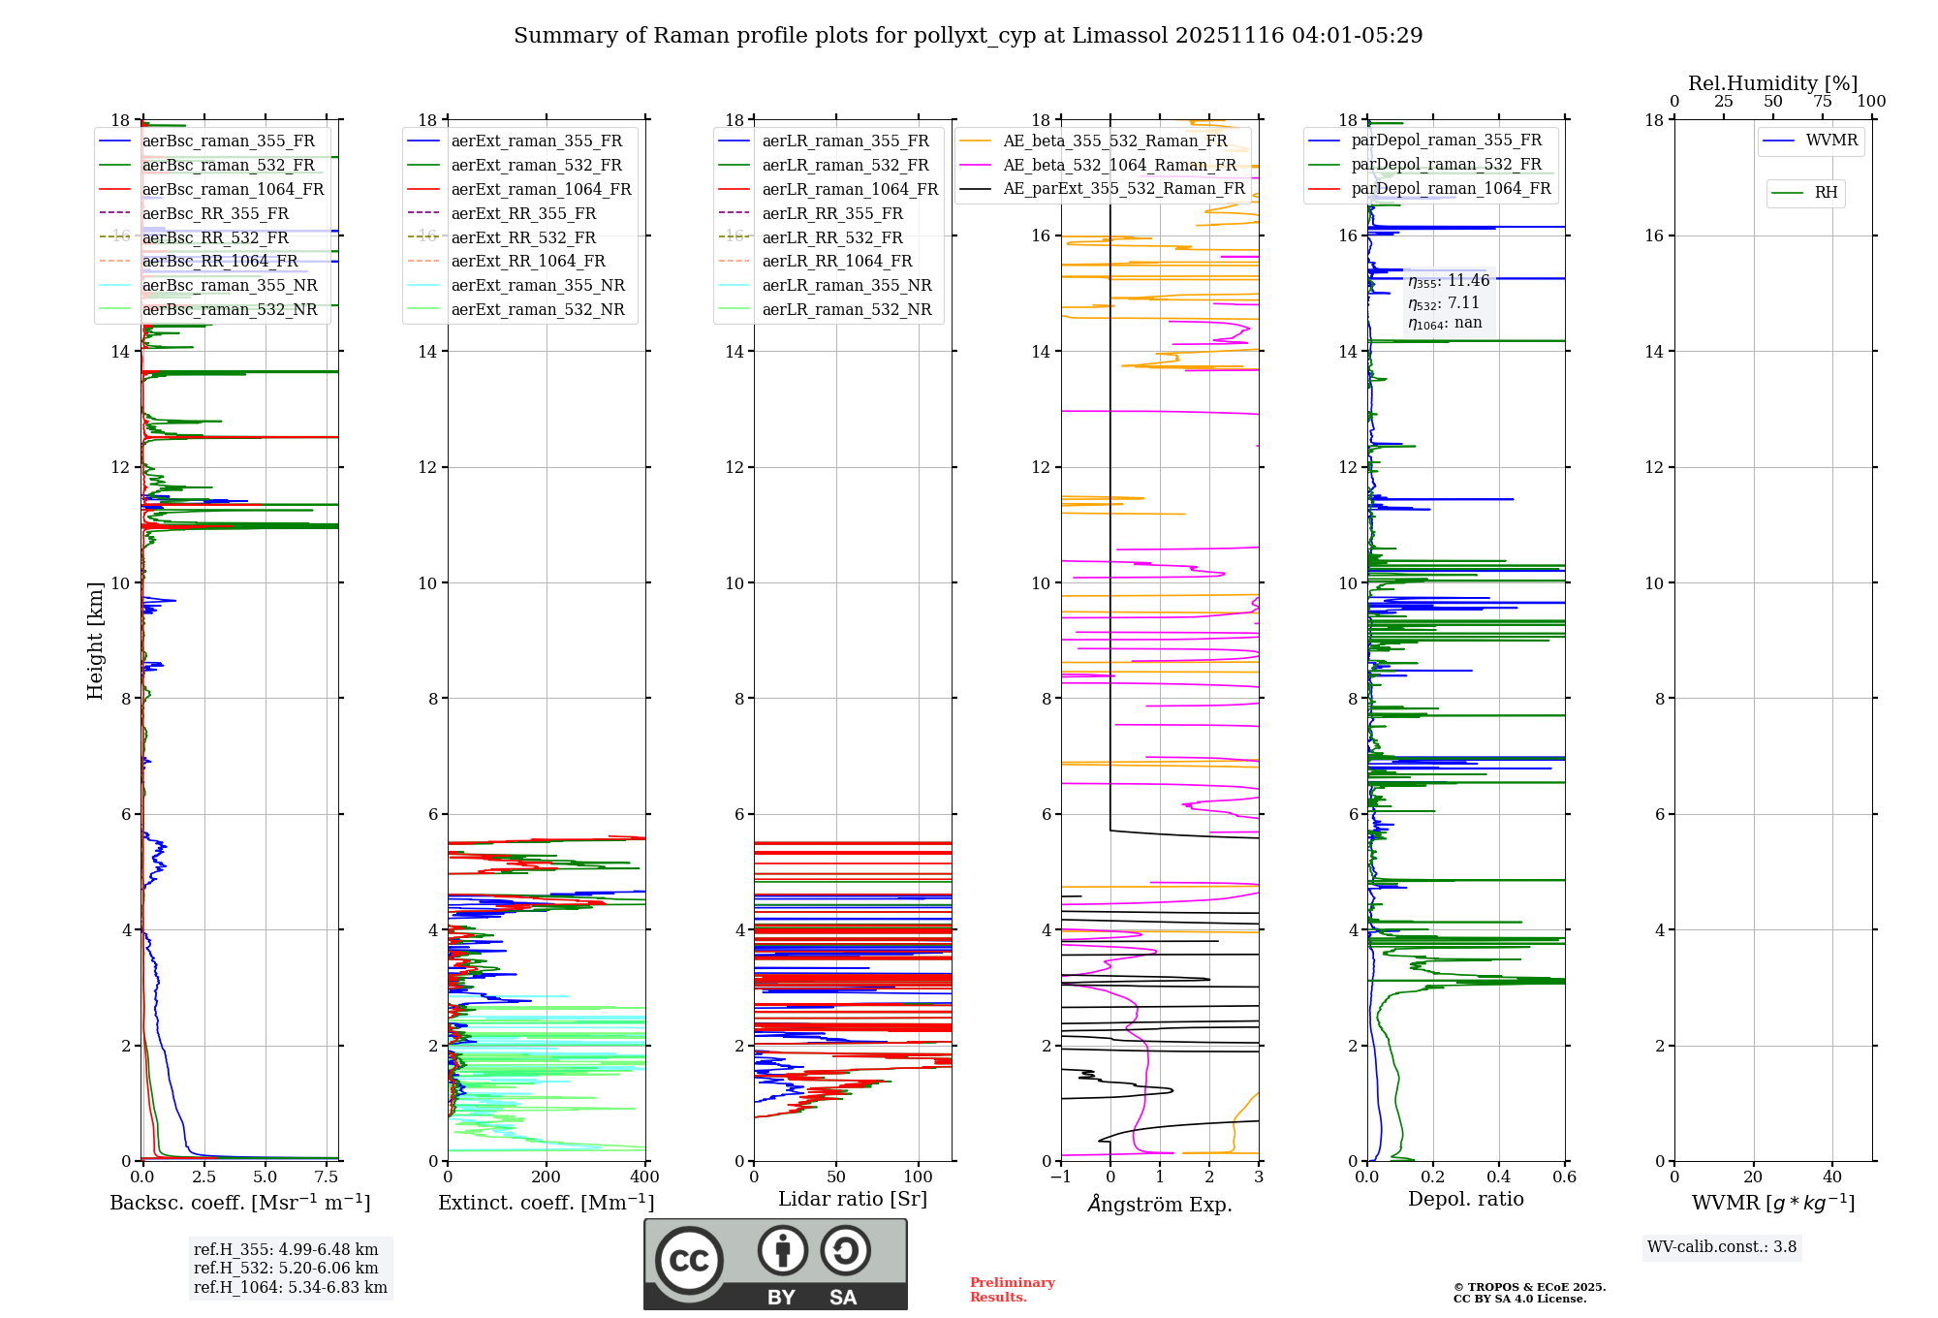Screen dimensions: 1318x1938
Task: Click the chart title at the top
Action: tap(968, 36)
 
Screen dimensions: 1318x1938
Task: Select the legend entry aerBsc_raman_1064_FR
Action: tap(233, 189)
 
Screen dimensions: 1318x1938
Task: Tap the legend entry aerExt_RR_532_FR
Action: tap(523, 237)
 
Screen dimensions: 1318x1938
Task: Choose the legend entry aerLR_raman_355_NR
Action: tap(846, 285)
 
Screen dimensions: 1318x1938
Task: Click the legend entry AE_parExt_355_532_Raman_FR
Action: tap(1123, 188)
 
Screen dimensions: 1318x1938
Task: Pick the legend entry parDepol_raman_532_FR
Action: tap(1446, 164)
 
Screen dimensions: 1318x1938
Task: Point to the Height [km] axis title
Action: tap(95, 640)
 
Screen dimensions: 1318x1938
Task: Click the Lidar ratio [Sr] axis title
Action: tap(853, 1199)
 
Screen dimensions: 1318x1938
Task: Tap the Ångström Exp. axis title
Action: tap(1160, 1204)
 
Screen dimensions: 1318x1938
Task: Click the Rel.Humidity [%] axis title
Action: tap(1772, 83)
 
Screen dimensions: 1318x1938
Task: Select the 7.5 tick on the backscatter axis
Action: tap(327, 1177)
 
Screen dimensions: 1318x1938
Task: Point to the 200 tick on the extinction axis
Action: tap(547, 1177)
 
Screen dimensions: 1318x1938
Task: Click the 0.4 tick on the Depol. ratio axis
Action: tap(1499, 1177)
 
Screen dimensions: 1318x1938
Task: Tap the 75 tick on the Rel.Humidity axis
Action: tap(1823, 102)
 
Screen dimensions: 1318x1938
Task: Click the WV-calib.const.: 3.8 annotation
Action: tap(1722, 1247)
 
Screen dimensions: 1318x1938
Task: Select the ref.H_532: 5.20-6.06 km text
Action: tap(286, 1268)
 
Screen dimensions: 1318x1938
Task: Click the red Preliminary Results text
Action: tap(1012, 1290)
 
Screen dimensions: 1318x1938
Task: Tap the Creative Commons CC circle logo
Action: tap(689, 1261)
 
